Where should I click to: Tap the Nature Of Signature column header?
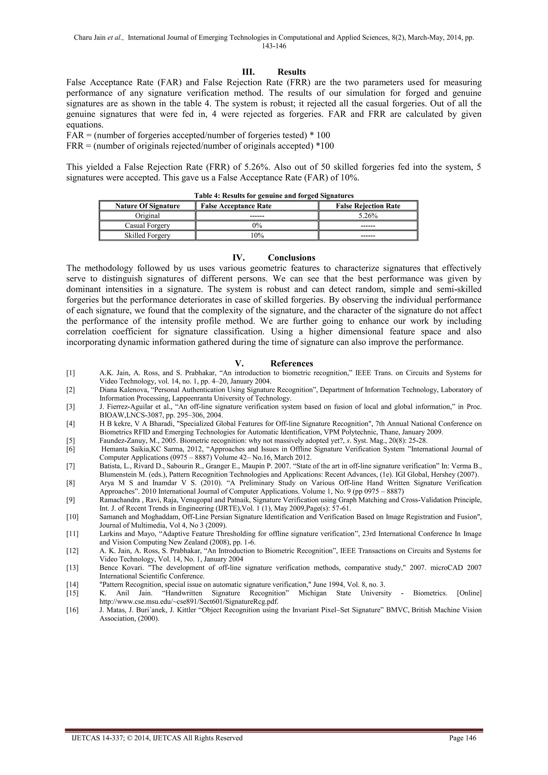[x=147, y=206]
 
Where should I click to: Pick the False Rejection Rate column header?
[x=368, y=206]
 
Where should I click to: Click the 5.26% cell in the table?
[x=368, y=216]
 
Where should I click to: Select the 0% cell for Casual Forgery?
[x=257, y=226]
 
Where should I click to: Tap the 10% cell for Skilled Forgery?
[x=257, y=235]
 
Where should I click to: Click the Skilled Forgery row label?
[x=147, y=235]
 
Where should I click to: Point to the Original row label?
[x=147, y=216]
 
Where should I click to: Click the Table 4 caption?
[x=274, y=196]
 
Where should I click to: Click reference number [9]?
[x=71, y=500]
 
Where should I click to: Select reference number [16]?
[x=72, y=610]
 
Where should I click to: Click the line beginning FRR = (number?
[x=200, y=146]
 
